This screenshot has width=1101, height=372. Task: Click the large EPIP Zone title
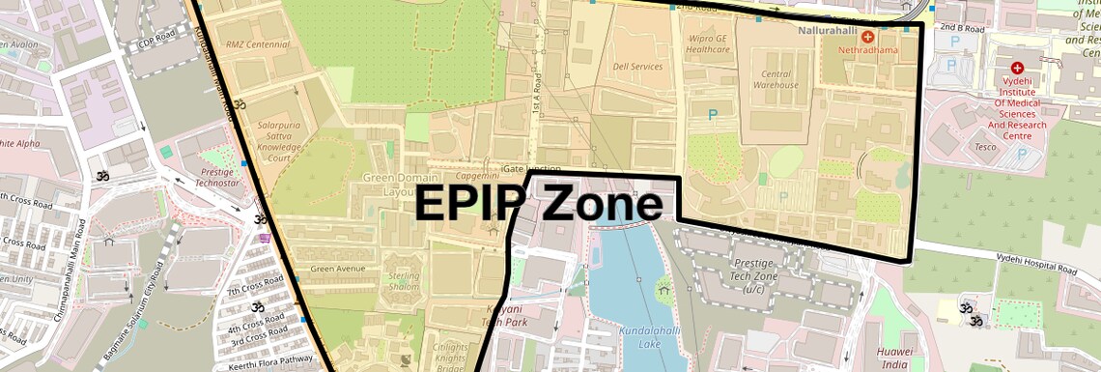tap(539, 206)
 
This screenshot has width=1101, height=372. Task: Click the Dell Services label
tap(637, 67)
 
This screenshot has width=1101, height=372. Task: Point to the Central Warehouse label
tap(776, 78)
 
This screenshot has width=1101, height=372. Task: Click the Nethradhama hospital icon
tap(867, 36)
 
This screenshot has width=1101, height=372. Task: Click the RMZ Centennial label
tap(257, 44)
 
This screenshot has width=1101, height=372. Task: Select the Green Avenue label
tap(337, 269)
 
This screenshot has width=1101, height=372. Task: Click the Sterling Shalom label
tap(404, 281)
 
